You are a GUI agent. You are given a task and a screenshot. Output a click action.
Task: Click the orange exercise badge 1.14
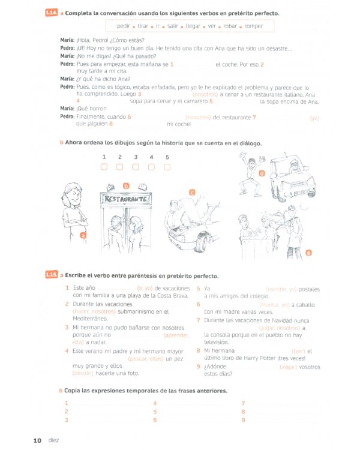[x=53, y=13]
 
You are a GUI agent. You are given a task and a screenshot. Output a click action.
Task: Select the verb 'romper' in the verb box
[x=253, y=26]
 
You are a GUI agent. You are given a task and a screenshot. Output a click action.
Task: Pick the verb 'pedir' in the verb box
[x=124, y=26]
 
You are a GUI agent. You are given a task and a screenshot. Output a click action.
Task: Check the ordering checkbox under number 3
[x=136, y=167]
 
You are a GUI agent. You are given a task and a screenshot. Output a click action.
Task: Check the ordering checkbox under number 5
[x=167, y=167]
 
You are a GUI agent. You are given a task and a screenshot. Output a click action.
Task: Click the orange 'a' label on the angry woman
[x=83, y=236]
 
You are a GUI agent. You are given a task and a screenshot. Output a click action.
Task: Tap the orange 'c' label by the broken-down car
[x=192, y=192]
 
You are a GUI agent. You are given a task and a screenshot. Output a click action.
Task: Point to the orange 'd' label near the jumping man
[x=262, y=173]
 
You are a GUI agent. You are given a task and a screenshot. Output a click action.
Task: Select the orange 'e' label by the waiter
[x=308, y=253]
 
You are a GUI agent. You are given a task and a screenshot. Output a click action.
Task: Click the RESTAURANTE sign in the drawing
[x=125, y=199]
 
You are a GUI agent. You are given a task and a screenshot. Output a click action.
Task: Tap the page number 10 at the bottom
[x=37, y=440]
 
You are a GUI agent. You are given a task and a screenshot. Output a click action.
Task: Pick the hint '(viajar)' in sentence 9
[x=292, y=367]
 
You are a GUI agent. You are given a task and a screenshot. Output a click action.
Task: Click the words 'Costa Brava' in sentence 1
[x=173, y=296]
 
